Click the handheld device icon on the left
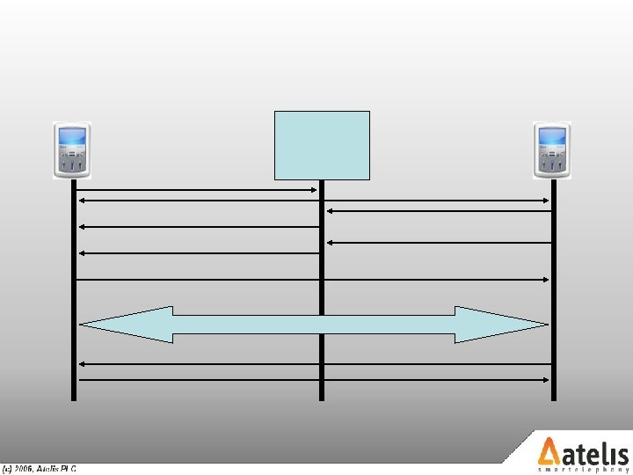[x=72, y=150]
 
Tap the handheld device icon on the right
[x=552, y=150]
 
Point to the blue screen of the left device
[x=72, y=138]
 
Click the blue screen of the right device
[x=552, y=138]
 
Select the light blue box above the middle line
[x=322, y=145]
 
